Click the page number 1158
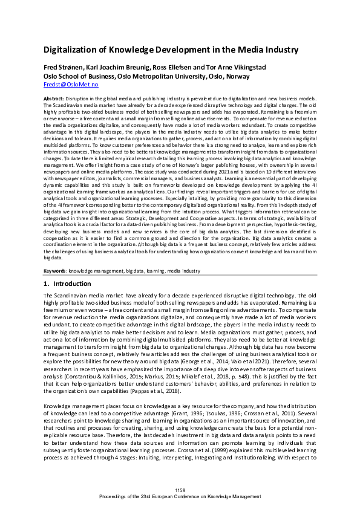[x=180, y=489]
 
